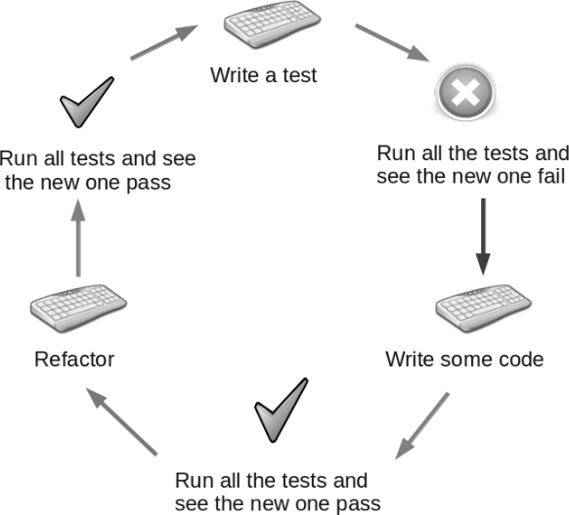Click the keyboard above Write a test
[272, 24]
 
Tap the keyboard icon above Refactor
[78, 308]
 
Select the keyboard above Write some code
[483, 308]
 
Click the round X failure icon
[465, 92]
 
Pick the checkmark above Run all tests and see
[86, 103]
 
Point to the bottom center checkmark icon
[282, 410]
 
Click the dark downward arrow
[483, 236]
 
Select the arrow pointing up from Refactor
[78, 237]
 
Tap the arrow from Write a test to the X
[392, 43]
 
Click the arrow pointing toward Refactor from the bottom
[121, 421]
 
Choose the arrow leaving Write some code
[422, 426]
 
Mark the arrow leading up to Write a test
[164, 42]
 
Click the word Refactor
[74, 360]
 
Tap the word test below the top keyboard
[300, 75]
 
